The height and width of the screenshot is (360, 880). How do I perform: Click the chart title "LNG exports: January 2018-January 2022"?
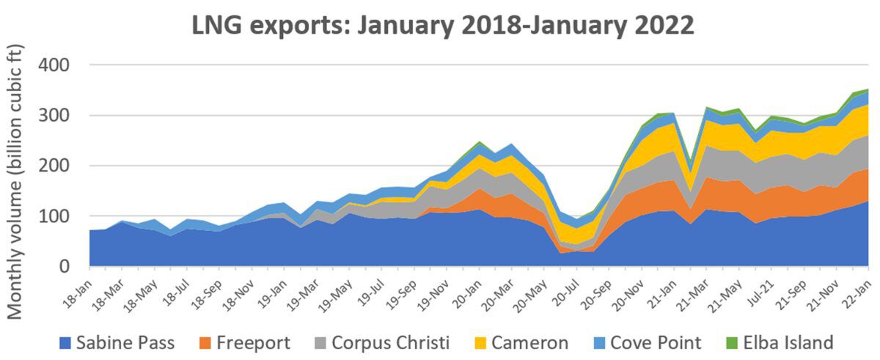(443, 26)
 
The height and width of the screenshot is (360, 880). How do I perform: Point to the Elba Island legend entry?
(796, 342)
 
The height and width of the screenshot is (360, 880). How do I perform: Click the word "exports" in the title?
(288, 27)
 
